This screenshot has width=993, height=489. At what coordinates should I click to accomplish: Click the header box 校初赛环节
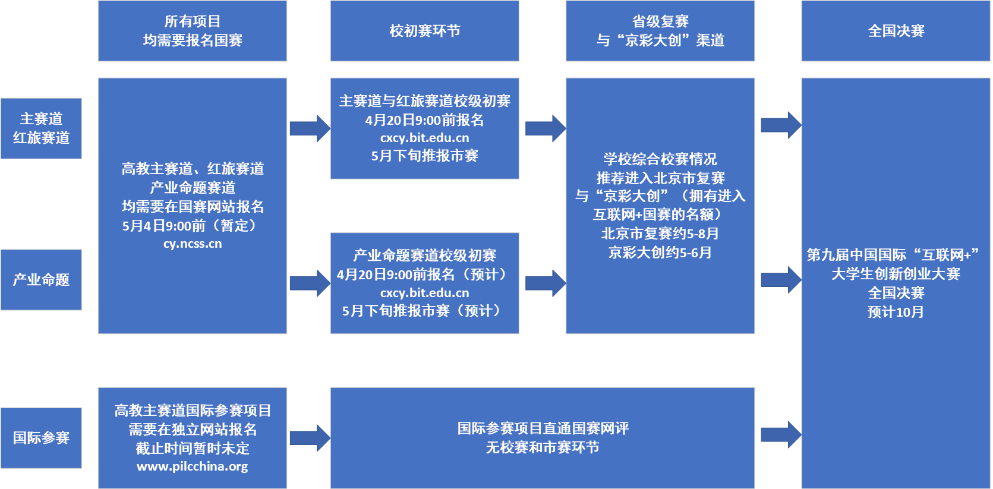pyautogui.click(x=424, y=31)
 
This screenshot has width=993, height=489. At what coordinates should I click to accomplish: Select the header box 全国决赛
pyautogui.click(x=896, y=31)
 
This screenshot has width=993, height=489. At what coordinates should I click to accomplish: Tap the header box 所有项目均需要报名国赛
pyautogui.click(x=193, y=31)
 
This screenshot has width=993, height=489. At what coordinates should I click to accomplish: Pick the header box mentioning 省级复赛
pyautogui.click(x=660, y=31)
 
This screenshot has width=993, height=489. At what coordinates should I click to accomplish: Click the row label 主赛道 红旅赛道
pyautogui.click(x=41, y=128)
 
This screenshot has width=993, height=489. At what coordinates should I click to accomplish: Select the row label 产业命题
pyautogui.click(x=41, y=280)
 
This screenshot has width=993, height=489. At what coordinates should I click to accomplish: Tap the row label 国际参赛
pyautogui.click(x=41, y=438)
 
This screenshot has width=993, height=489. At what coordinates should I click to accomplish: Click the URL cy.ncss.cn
pyautogui.click(x=193, y=244)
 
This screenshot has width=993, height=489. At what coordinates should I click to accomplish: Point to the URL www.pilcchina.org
pyautogui.click(x=193, y=466)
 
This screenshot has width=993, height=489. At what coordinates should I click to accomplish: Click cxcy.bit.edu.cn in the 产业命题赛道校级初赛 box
pyautogui.click(x=424, y=293)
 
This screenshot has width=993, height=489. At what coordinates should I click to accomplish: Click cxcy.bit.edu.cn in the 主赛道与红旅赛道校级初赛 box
pyautogui.click(x=424, y=138)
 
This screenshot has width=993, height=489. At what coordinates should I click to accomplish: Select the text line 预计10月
pyautogui.click(x=896, y=312)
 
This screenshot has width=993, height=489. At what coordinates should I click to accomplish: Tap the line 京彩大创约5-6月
pyautogui.click(x=660, y=253)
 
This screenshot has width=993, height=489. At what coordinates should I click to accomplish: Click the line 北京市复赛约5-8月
pyautogui.click(x=660, y=234)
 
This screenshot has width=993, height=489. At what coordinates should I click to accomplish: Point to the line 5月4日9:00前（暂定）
pyautogui.click(x=193, y=226)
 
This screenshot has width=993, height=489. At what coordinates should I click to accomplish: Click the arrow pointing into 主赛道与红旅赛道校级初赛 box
pyautogui.click(x=310, y=128)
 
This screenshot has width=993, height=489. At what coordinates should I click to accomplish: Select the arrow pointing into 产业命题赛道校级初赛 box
pyautogui.click(x=310, y=283)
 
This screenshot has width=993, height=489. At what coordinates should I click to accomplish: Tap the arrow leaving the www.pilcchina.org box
pyautogui.click(x=310, y=438)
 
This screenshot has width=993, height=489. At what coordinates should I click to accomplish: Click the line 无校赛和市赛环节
pyautogui.click(x=542, y=447)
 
